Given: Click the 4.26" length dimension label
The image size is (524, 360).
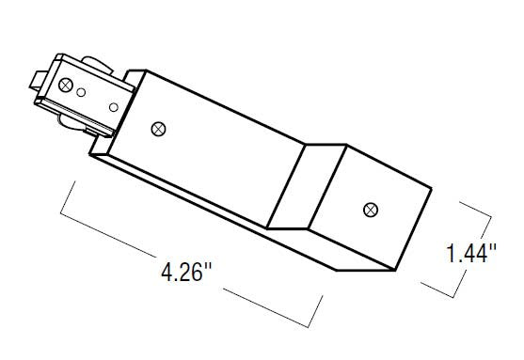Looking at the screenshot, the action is (x=186, y=272).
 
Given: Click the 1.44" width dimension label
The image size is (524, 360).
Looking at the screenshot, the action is (x=471, y=254).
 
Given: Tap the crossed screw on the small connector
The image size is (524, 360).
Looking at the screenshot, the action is (x=66, y=85).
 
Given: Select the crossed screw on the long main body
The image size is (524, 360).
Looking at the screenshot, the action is (x=158, y=129).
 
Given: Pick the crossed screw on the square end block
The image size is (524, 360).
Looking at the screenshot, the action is (x=371, y=210).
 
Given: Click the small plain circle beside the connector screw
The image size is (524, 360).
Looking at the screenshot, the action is (x=81, y=92).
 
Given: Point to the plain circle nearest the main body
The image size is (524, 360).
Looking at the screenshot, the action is (x=114, y=107).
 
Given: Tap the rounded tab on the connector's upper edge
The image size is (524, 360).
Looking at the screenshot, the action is (x=97, y=65).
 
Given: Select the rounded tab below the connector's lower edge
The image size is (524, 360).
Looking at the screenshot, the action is (x=72, y=123).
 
